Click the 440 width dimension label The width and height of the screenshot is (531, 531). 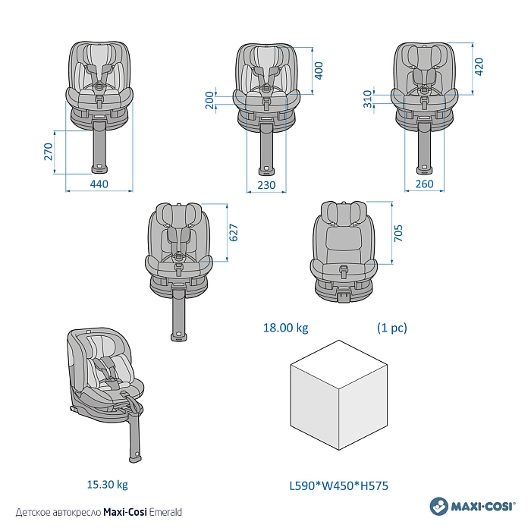[99, 184]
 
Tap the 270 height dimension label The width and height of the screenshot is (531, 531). [49, 152]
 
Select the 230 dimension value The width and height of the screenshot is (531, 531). [266, 185]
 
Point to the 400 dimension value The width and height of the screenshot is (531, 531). [319, 71]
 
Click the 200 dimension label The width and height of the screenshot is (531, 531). [210, 100]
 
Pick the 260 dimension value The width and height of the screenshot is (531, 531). [424, 184]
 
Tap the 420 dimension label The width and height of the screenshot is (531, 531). [479, 67]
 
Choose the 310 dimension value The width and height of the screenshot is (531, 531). [368, 99]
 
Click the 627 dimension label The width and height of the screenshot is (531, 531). [234, 233]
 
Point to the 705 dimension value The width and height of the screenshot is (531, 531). [398, 233]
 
